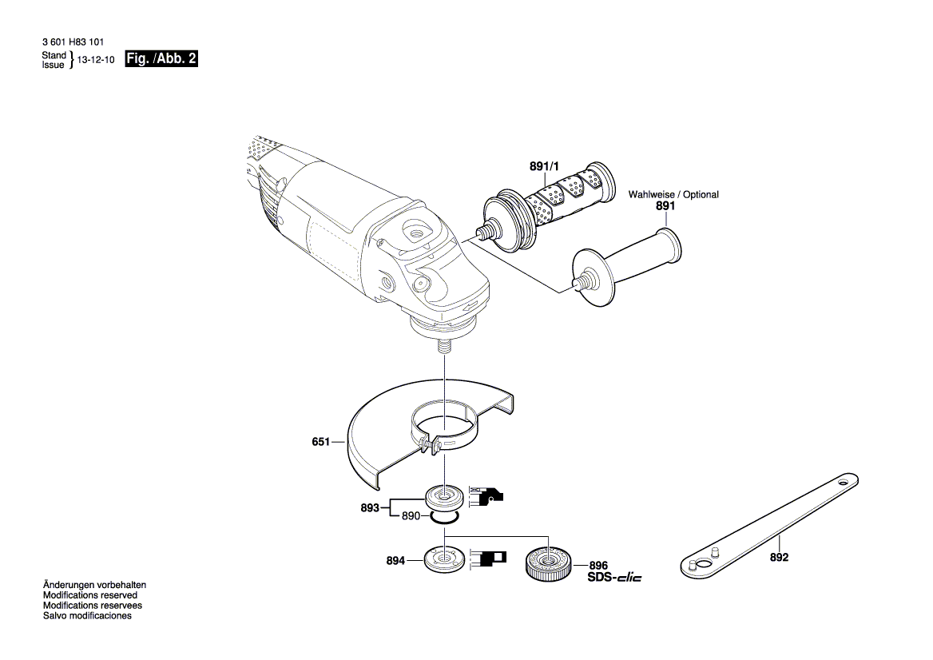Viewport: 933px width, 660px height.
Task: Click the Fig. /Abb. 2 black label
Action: [x=161, y=59]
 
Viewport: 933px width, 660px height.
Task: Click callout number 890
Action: [x=411, y=517]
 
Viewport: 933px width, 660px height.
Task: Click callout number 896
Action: [x=599, y=564]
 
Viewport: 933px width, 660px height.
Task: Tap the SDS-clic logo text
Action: [x=614, y=577]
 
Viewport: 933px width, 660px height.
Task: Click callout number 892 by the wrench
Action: [x=779, y=558]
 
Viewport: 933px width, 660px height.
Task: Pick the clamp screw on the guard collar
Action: [x=431, y=444]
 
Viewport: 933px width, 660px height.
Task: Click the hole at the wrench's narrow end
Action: [x=843, y=483]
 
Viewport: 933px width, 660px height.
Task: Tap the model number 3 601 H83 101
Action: [x=71, y=42]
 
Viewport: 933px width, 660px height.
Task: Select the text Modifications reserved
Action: [x=89, y=595]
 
